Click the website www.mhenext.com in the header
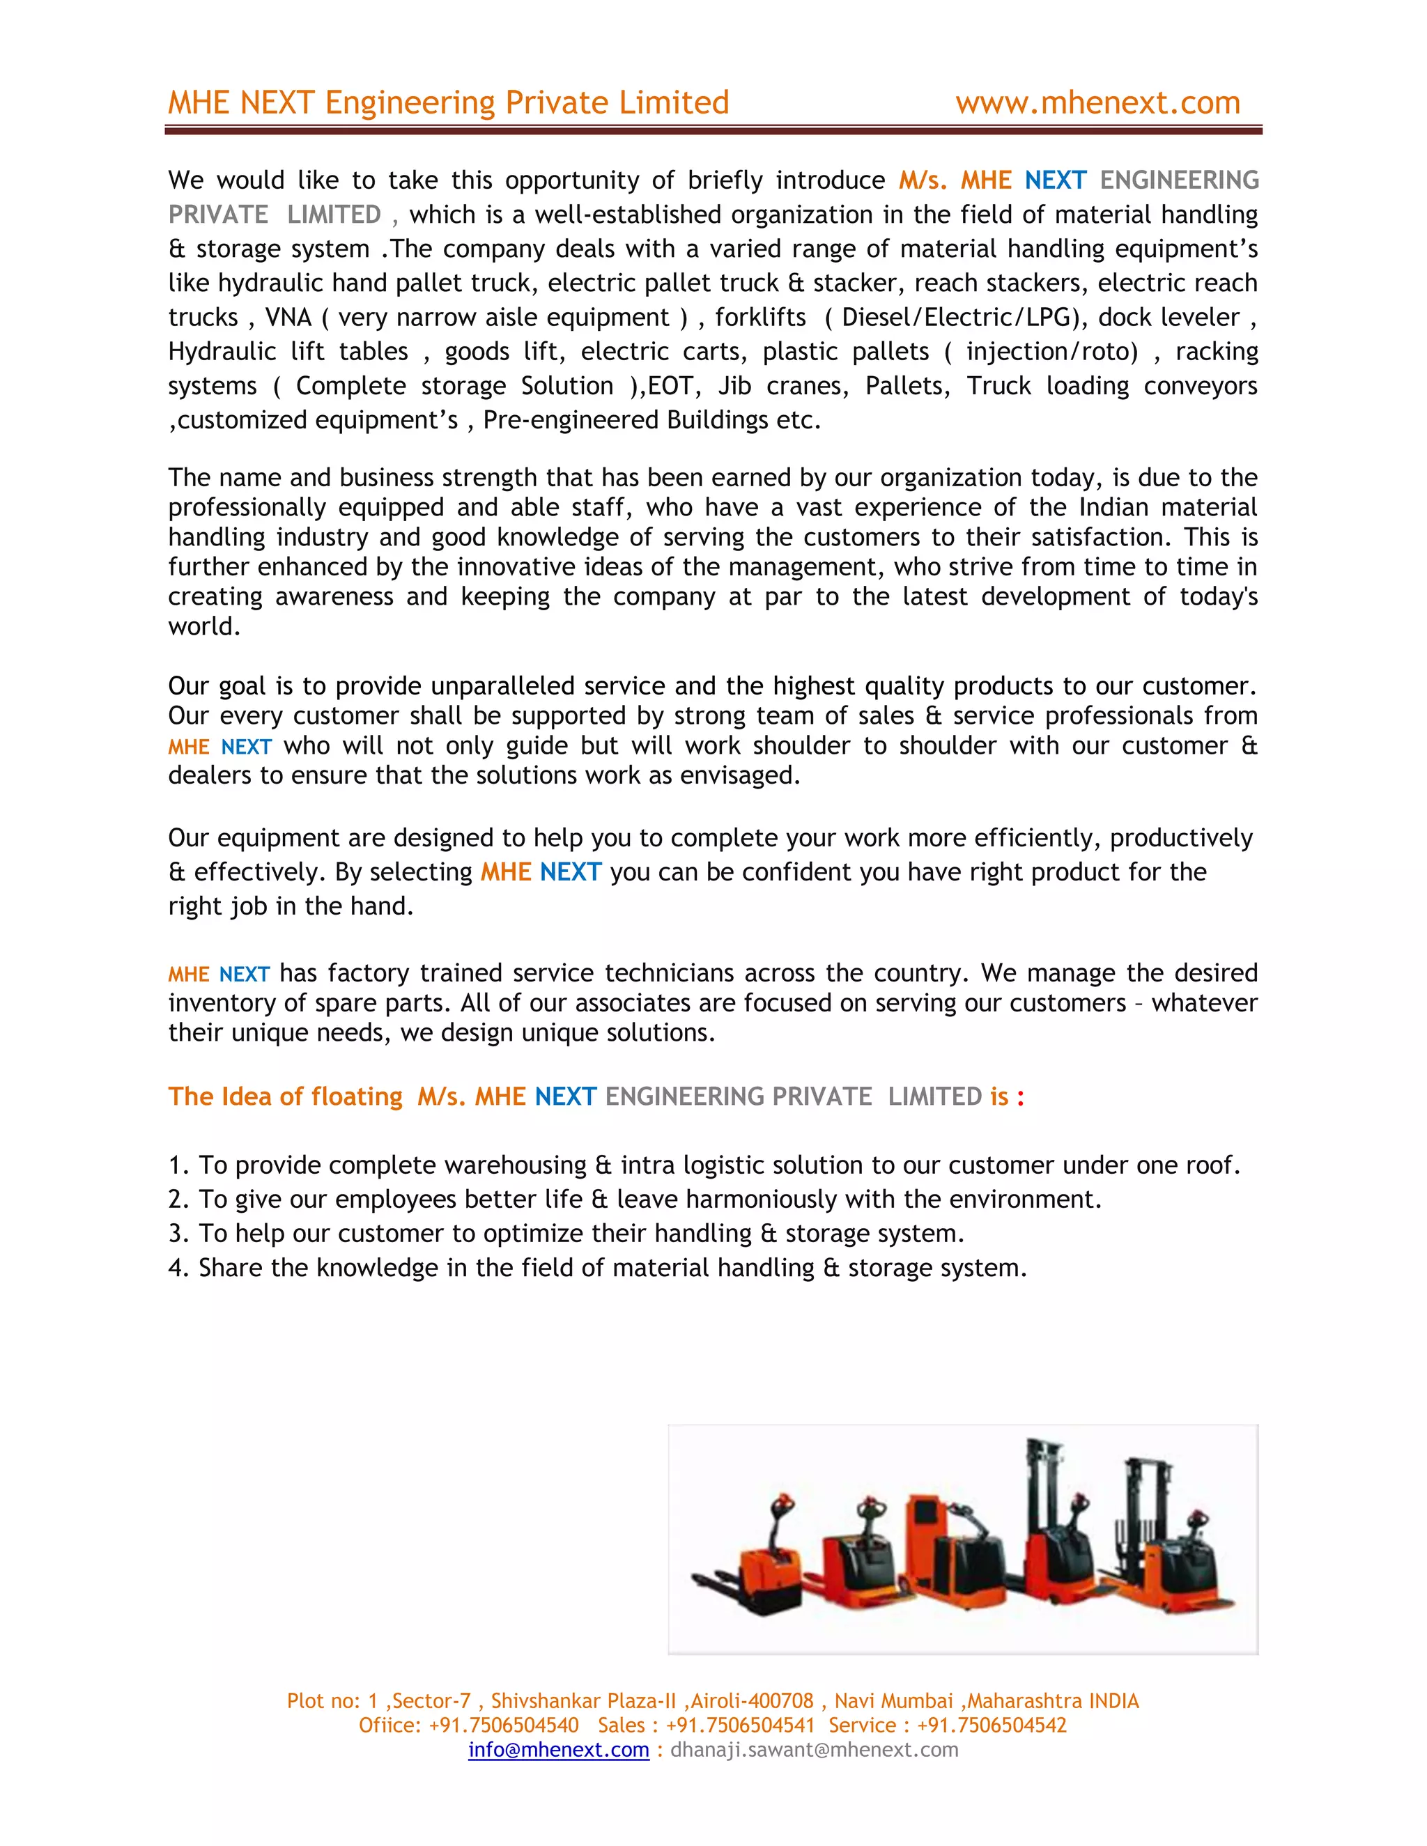click(x=1097, y=103)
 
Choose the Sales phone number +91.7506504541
click(x=740, y=1725)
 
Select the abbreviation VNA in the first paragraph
click(x=288, y=318)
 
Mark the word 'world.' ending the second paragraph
click(x=203, y=627)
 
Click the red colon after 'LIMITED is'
click(x=1020, y=1097)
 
